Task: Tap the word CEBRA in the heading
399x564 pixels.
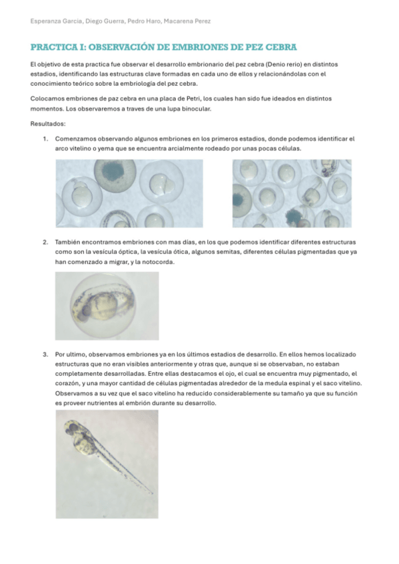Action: click(278, 48)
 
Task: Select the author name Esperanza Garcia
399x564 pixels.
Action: click(55, 21)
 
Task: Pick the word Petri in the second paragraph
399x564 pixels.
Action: click(200, 99)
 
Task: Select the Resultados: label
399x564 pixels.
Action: click(48, 124)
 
